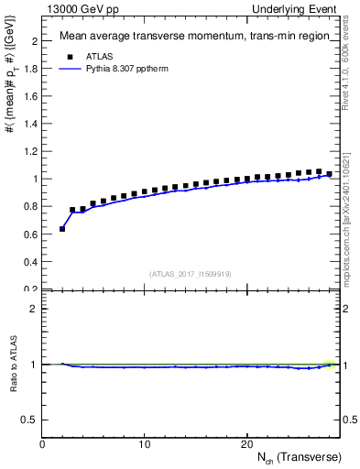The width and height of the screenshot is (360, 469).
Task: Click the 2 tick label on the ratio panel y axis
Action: [34, 309]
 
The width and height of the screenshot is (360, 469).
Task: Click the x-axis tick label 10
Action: [144, 444]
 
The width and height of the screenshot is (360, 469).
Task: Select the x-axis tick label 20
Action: [245, 444]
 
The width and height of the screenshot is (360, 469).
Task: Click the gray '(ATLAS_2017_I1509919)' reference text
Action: [190, 274]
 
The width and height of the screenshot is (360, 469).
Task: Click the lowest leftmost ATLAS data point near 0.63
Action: [62, 229]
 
